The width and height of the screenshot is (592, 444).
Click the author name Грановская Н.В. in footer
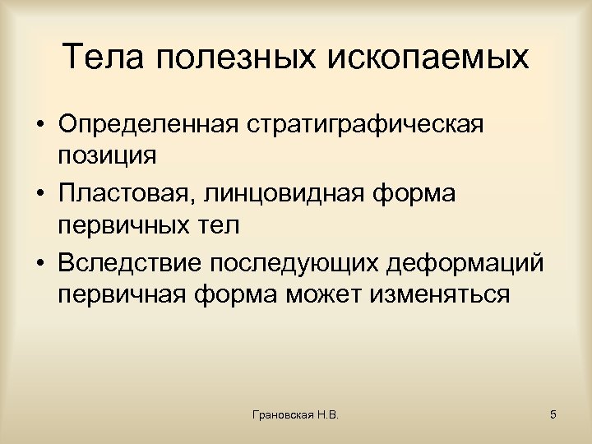coord(297,415)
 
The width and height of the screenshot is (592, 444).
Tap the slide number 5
coord(553,415)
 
